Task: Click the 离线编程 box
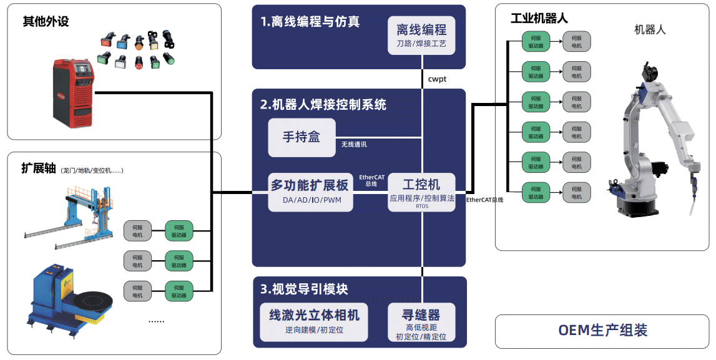pyautogui.click(x=421, y=34)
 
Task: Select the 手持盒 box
pyautogui.click(x=302, y=137)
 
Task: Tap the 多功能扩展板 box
pyautogui.click(x=309, y=192)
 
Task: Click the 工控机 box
pyautogui.click(x=421, y=192)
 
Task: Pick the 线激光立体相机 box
pyautogui.click(x=314, y=321)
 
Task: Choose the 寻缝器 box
pyautogui.click(x=421, y=322)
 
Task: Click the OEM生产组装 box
pyautogui.click(x=602, y=331)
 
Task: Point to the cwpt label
pyautogui.click(x=437, y=79)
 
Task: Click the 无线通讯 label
pyautogui.click(x=354, y=145)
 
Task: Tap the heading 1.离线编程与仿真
pyautogui.click(x=310, y=22)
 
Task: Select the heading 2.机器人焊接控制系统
pyautogui.click(x=323, y=105)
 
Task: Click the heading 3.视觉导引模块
pyautogui.click(x=304, y=289)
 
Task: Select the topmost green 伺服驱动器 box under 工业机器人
pyautogui.click(x=536, y=42)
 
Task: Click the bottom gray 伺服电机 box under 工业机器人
pyautogui.click(x=576, y=192)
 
